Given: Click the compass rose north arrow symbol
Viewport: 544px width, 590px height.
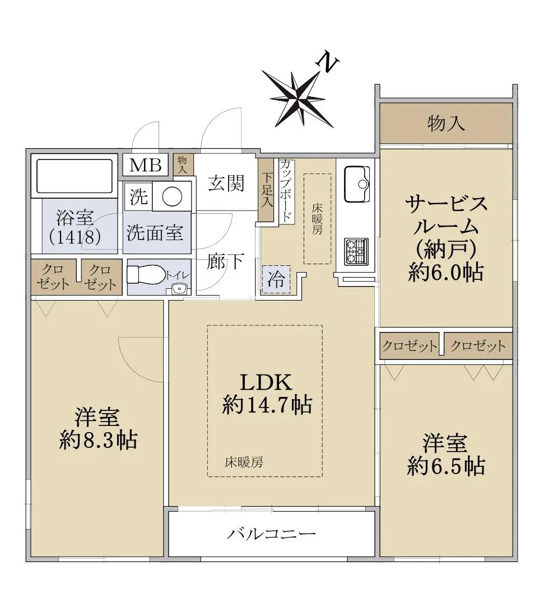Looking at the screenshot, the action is coord(297,98).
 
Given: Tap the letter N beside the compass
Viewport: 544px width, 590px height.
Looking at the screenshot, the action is coord(328,63).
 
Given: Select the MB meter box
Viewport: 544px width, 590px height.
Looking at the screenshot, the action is coord(145,165).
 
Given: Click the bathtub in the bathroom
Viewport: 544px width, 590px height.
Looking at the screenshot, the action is coord(75,176).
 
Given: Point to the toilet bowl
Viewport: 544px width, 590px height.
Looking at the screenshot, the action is coord(145,274).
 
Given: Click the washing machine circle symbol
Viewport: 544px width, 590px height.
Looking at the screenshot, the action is coord(172,196).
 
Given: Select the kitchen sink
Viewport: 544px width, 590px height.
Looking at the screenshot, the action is coord(356,184).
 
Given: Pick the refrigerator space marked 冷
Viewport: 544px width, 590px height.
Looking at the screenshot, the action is coord(276,279).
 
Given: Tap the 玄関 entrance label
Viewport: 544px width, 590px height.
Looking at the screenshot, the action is coord(226,183).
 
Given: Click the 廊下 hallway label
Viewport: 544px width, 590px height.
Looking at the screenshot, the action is coord(226,261).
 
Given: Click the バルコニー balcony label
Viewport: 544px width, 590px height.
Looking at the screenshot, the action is coord(271,533).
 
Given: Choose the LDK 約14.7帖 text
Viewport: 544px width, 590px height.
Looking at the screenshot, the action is coord(267,394).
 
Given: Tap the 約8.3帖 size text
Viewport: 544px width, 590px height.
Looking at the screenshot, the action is coord(98,440).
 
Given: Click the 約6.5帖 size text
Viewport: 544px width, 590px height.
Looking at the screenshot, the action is coord(446,467).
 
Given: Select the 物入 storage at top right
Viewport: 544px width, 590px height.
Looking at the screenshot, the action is coord(446,123).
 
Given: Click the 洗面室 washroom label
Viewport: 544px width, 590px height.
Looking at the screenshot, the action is coord(155,232).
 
